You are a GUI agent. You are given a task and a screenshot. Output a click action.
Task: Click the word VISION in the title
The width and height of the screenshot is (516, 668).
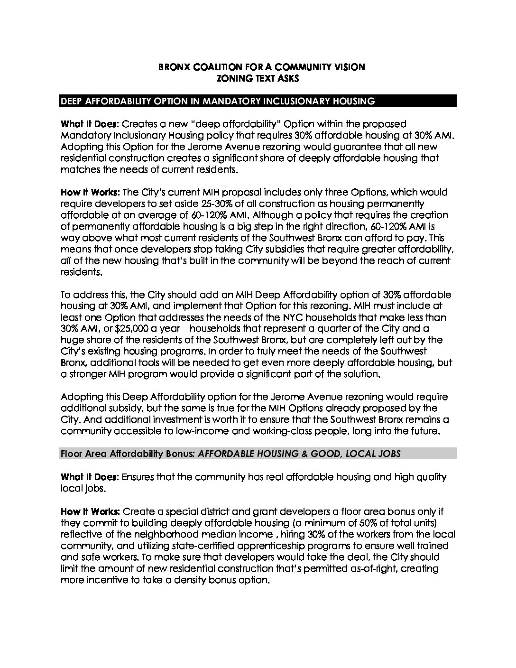(x=348, y=67)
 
